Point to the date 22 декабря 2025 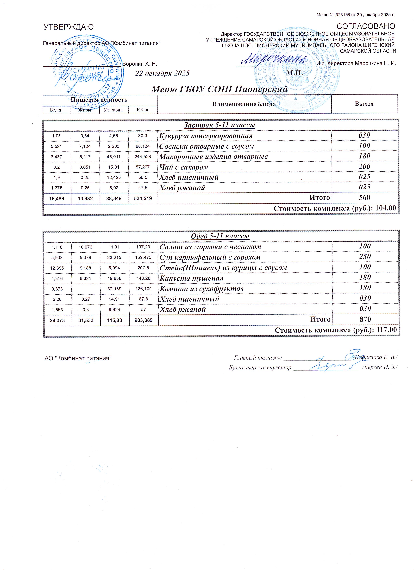[x=162, y=73]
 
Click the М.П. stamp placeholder [x=294, y=73]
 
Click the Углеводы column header [x=114, y=110]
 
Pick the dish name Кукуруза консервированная [x=206, y=136]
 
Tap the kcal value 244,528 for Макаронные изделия [x=143, y=157]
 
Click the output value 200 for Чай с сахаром [x=364, y=166]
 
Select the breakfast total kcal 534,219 [x=143, y=198]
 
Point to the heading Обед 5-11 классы [x=220, y=236]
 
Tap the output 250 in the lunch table [x=365, y=257]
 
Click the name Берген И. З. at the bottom [x=381, y=367]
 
